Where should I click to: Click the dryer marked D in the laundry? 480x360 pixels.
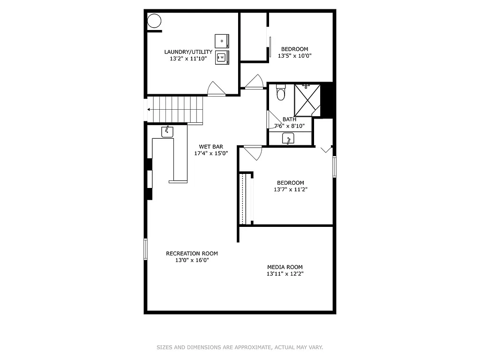coord(222,41)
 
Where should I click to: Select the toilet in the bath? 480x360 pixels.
coord(281,93)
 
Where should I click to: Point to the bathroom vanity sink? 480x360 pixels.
coord(288,138)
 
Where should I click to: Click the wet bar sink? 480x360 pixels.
coord(167,132)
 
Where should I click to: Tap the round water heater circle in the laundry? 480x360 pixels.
coord(154,21)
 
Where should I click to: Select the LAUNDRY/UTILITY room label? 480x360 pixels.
coord(188,52)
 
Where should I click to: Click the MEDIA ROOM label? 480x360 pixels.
coord(285,267)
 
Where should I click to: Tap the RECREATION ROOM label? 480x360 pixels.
coord(192,254)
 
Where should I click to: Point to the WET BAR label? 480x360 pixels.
coord(211,147)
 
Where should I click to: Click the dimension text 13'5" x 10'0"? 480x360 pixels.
coord(294,56)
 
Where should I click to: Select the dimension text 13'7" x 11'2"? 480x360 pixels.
coord(291,190)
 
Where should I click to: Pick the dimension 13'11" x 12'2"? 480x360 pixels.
coord(285,274)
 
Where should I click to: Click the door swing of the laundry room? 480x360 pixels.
coord(216,89)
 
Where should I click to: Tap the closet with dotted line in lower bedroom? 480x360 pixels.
coord(243,199)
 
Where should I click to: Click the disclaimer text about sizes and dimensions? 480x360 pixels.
coord(240,347)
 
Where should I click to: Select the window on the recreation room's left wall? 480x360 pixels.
coord(145,249)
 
